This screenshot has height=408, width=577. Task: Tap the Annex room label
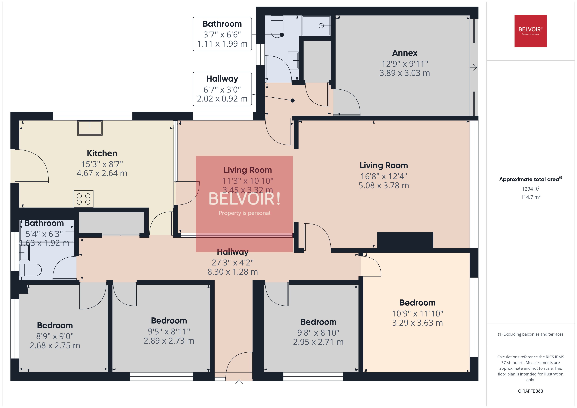click(405, 53)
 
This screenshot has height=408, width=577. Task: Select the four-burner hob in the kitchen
click(83, 199)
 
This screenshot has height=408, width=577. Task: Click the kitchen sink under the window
click(90, 128)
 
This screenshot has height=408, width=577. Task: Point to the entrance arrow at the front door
click(239, 383)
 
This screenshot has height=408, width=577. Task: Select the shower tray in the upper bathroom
click(316, 26)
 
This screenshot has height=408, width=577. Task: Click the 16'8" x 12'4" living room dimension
click(384, 176)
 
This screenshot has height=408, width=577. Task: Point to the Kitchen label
click(102, 153)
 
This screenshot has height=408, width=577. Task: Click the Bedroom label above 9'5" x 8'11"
click(169, 321)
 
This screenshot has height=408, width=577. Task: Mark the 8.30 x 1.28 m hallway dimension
click(232, 272)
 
